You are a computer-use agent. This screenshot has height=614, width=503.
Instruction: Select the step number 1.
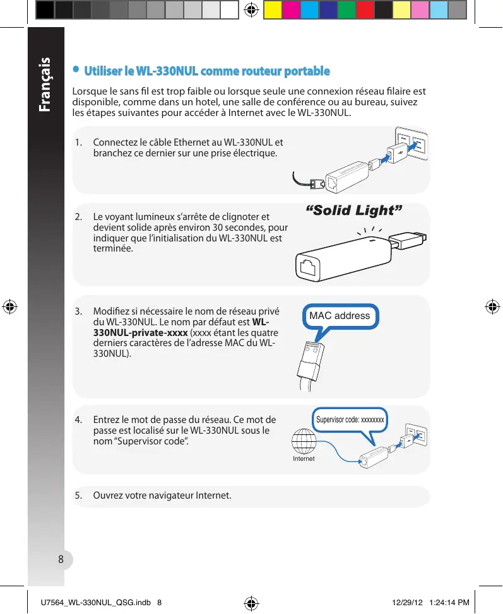[x=78, y=142]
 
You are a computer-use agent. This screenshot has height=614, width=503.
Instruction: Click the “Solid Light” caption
[x=353, y=210]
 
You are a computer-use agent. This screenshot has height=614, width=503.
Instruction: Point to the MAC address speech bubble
[x=340, y=315]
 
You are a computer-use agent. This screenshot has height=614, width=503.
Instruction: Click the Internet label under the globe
[x=304, y=459]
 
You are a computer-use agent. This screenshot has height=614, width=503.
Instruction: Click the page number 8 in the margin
[x=61, y=559]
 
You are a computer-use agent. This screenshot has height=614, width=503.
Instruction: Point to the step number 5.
[x=78, y=495]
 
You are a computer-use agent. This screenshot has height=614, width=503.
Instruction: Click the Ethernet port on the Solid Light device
[x=310, y=267]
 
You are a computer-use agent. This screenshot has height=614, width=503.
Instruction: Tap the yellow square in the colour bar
[x=272, y=10]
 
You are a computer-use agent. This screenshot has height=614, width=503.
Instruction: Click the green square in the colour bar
[x=346, y=10]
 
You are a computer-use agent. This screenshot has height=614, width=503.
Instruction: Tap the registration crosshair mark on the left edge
[x=9, y=307]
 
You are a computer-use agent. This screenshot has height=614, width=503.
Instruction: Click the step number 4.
[x=78, y=420]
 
